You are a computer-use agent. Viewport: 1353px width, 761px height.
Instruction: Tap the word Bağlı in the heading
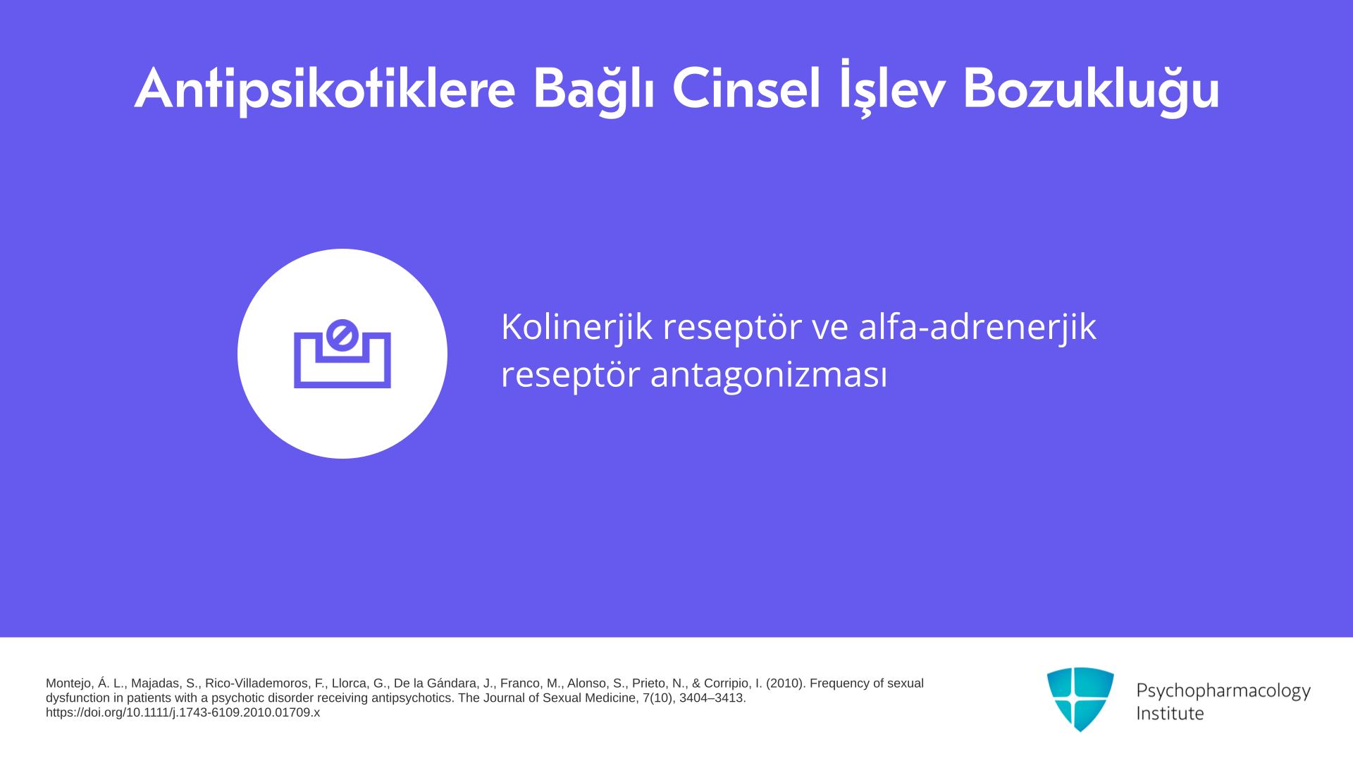click(593, 89)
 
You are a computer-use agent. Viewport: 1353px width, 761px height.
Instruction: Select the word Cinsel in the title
click(746, 89)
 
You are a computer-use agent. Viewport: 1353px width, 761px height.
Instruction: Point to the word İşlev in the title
click(891, 89)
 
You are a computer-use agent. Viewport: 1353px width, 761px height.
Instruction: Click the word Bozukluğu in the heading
click(1091, 89)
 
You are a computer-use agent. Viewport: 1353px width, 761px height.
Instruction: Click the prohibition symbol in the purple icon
click(342, 335)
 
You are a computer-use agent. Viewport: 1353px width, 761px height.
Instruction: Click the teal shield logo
click(1080, 699)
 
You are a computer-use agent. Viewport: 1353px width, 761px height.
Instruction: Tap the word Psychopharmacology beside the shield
click(1223, 691)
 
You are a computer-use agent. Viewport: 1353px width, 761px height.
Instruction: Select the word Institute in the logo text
click(1170, 714)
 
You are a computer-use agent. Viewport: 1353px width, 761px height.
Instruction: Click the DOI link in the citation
click(183, 712)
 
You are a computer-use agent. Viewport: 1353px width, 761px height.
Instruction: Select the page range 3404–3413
click(712, 698)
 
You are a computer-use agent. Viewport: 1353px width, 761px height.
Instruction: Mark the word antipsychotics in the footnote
click(412, 698)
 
